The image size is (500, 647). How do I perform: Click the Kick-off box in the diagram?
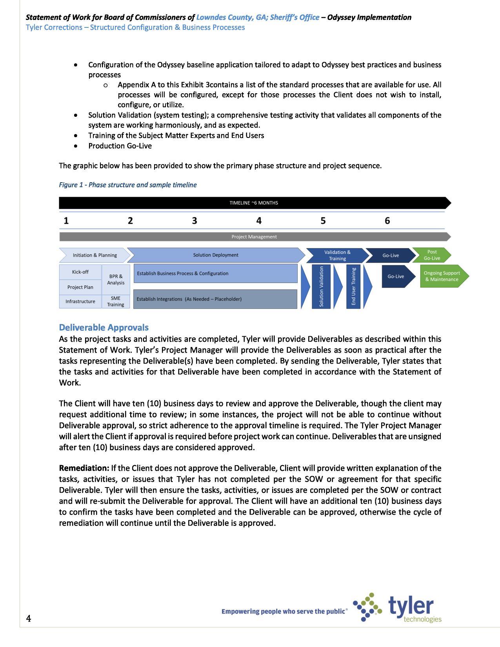[80, 272]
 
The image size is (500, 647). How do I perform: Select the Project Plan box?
[80, 287]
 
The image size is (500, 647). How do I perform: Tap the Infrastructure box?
[80, 301]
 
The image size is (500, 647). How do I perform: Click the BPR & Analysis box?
[116, 279]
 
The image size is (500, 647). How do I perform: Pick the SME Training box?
[116, 301]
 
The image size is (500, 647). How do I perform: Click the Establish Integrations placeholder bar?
[215, 299]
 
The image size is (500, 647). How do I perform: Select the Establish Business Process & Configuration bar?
[215, 274]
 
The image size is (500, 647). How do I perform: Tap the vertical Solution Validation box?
[321, 286]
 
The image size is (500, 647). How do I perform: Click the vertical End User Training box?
[353, 286]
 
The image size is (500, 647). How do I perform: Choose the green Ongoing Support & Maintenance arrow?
[442, 276]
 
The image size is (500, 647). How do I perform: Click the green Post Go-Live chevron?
[431, 255]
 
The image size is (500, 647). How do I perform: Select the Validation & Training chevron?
[337, 256]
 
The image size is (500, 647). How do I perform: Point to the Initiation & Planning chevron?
[95, 255]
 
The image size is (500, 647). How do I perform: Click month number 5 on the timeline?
[323, 221]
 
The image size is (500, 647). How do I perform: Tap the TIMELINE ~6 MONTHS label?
[254, 203]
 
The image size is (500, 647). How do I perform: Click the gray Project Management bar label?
[254, 237]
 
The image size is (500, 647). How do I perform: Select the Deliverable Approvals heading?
[104, 327]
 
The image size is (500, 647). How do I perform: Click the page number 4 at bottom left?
[29, 618]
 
